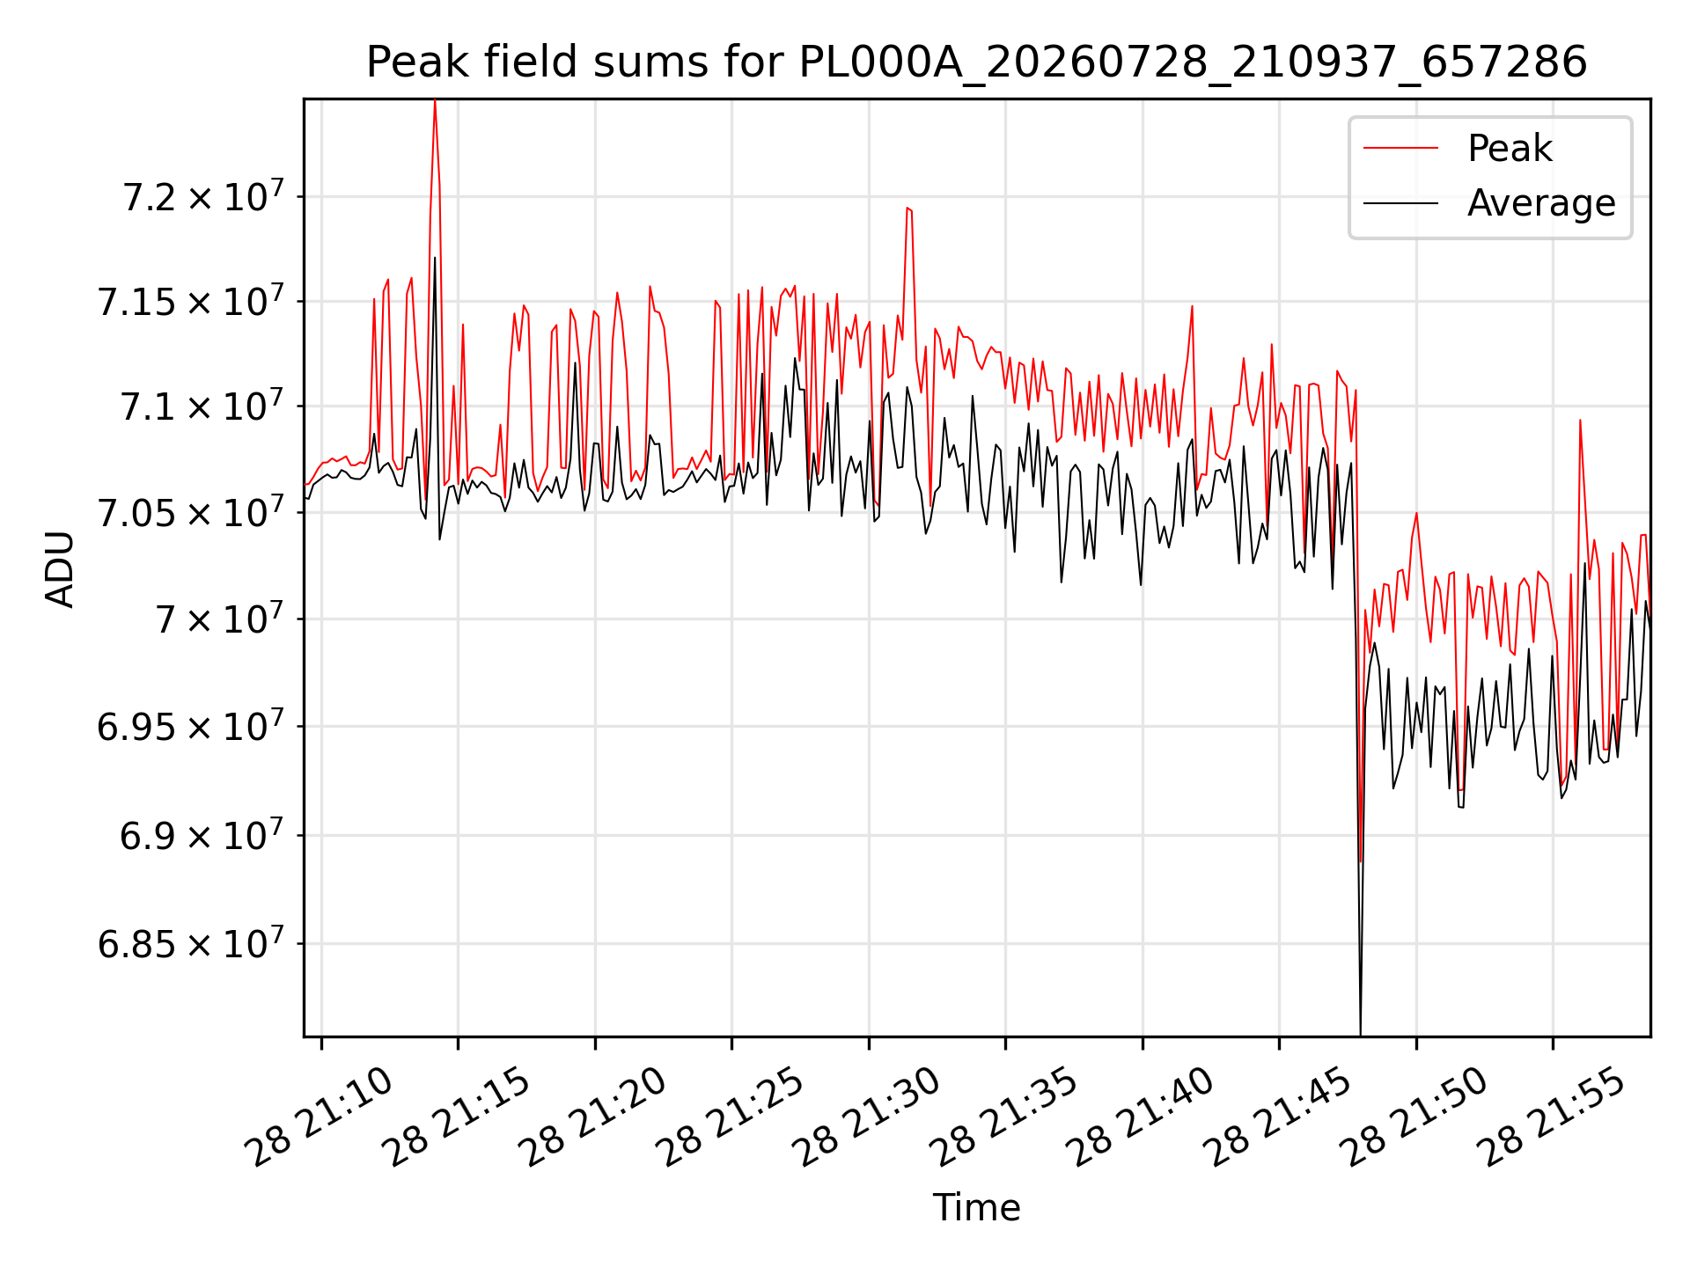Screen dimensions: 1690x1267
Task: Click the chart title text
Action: pyautogui.click(x=976, y=62)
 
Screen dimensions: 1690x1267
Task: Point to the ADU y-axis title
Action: pyautogui.click(x=60, y=568)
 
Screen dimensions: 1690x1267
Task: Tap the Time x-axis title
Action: pyautogui.click(x=976, y=1207)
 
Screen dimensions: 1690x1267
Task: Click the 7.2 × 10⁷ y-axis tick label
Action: pyautogui.click(x=203, y=195)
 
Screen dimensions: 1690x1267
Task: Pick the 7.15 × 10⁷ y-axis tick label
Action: pyautogui.click(x=191, y=300)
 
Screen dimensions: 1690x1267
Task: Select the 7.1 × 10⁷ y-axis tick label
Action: pyautogui.click(x=202, y=406)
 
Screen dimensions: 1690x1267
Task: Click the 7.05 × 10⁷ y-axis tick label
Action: pyautogui.click(x=191, y=511)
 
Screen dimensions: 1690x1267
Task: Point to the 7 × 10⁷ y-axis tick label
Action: pyautogui.click(x=220, y=619)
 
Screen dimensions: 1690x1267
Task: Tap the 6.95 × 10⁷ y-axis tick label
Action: pyautogui.click(x=191, y=726)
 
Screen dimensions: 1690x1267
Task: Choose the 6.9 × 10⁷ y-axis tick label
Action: pyautogui.click(x=202, y=834)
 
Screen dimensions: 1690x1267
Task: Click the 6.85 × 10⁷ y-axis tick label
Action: pyautogui.click(x=191, y=943)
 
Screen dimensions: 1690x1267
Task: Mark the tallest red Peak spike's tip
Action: pyautogui.click(x=435, y=101)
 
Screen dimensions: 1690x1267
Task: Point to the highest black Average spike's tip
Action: pyautogui.click(x=435, y=258)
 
